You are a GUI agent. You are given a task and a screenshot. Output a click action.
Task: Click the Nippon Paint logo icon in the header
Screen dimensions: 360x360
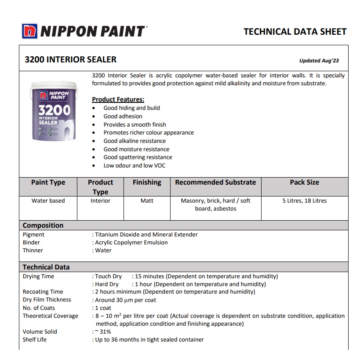[29, 31]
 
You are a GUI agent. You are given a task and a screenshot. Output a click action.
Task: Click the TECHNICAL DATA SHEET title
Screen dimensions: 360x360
[295, 32]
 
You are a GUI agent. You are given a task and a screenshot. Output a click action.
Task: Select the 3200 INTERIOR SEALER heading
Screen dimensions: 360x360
[70, 59]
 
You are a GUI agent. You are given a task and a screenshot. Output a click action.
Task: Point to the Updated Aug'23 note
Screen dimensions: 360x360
[319, 61]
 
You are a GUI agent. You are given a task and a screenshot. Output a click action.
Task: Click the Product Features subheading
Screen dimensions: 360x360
[118, 99]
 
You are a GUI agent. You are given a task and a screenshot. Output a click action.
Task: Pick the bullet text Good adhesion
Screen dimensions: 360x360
[123, 116]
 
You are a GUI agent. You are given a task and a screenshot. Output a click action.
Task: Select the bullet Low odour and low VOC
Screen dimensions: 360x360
[135, 166]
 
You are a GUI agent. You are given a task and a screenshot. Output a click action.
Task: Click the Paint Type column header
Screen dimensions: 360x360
[48, 182]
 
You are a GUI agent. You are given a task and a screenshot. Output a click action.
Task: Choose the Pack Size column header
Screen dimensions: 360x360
[304, 182]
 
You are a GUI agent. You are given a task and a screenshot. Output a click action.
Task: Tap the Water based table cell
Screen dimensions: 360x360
[48, 201]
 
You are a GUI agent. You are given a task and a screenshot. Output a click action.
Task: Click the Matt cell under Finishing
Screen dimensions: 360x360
[147, 201]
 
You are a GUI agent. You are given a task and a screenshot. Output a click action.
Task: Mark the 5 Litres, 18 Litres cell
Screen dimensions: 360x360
[304, 201]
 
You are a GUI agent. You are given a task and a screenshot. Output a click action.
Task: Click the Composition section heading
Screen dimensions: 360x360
[43, 225]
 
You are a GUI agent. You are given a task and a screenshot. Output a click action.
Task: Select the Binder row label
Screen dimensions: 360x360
[31, 243]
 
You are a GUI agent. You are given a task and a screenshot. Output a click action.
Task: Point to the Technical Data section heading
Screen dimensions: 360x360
[46, 267]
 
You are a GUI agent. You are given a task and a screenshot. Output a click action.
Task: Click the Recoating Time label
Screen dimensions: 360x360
[43, 292]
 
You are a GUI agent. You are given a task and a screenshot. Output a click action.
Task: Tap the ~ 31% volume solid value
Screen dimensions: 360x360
[103, 332]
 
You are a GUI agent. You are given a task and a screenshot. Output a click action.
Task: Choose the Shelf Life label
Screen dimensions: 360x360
[34, 340]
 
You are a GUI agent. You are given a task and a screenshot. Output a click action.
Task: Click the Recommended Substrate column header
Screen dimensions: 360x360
[215, 182]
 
